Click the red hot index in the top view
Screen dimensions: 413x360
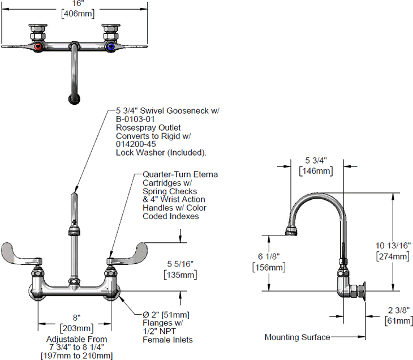[x=38, y=47]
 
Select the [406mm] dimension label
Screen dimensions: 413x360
[x=78, y=14]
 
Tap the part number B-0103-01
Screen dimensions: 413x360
[x=135, y=119]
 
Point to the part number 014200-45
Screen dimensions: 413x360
[x=136, y=144]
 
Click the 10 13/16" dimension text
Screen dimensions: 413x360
[x=393, y=246]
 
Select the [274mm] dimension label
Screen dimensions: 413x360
[x=393, y=256]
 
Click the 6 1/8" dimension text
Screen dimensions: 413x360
[x=269, y=256]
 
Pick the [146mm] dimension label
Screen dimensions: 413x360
[x=316, y=171]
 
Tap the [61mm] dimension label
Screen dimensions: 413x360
[x=399, y=321]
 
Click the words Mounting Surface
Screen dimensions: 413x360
[x=297, y=337]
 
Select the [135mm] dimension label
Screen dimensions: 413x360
[x=180, y=275]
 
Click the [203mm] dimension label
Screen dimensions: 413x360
[x=76, y=328]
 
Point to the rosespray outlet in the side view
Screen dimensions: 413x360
[x=291, y=232]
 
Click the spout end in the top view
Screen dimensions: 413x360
[x=74, y=100]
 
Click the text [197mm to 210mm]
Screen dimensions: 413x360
[x=76, y=355]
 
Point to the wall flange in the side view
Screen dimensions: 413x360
[x=363, y=291]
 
